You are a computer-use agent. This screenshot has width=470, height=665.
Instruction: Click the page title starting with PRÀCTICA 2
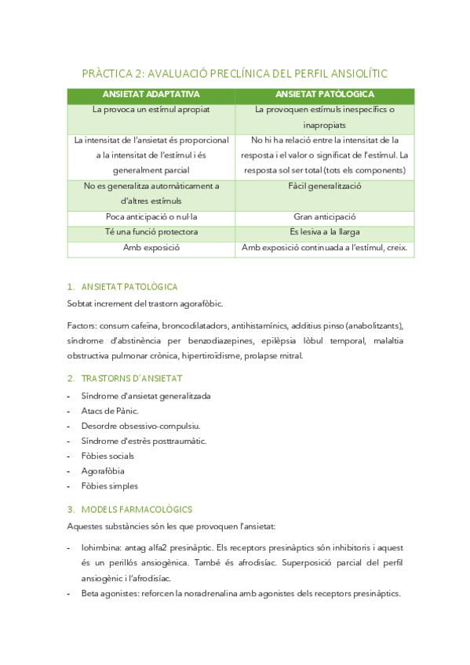[235, 74]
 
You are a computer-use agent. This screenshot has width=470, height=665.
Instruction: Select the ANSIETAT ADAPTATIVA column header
[151, 94]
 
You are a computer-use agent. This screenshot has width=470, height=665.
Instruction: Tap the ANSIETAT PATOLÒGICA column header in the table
[324, 94]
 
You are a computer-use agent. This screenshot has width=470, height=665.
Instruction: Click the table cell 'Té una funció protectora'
[151, 232]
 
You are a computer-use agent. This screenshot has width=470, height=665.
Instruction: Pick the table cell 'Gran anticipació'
[324, 216]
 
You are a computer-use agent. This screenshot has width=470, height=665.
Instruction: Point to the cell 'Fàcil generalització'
[324, 187]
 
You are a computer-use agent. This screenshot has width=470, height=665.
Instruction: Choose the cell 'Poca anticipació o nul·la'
[151, 216]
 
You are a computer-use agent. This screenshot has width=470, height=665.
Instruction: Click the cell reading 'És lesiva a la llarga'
[324, 232]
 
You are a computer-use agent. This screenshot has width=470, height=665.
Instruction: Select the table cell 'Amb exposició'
[151, 248]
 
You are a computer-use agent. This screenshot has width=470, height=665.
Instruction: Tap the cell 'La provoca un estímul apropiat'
[151, 110]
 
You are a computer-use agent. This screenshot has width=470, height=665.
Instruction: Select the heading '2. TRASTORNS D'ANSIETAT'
[125, 378]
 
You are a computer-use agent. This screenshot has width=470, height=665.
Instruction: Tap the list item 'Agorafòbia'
[102, 471]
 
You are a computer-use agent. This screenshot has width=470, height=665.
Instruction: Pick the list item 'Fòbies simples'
[109, 485]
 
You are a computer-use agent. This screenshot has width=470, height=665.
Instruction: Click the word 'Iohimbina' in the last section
[100, 548]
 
